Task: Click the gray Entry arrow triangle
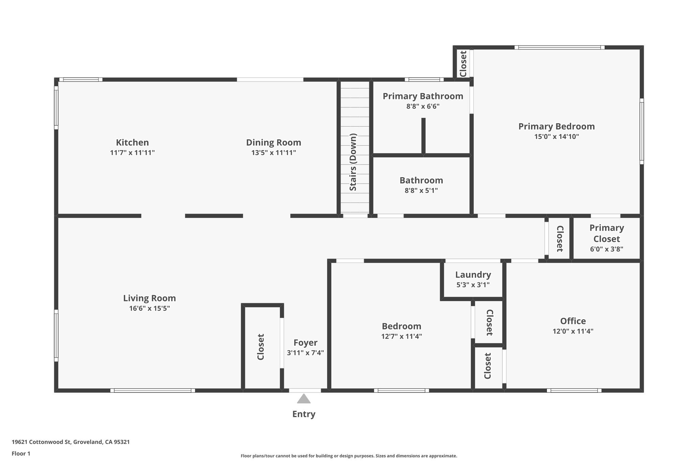pyautogui.click(x=303, y=399)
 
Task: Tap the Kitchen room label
pyautogui.click(x=132, y=142)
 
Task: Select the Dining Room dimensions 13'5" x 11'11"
pyautogui.click(x=273, y=153)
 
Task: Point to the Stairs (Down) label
pyautogui.click(x=353, y=162)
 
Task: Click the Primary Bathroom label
pyautogui.click(x=423, y=96)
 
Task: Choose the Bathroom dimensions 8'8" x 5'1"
pyautogui.click(x=421, y=190)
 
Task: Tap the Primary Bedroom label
pyautogui.click(x=556, y=126)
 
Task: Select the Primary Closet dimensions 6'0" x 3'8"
pyautogui.click(x=606, y=249)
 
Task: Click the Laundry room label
pyautogui.click(x=473, y=275)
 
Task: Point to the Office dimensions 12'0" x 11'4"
pyautogui.click(x=573, y=331)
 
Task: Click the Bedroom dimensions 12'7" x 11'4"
pyautogui.click(x=401, y=337)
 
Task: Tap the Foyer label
pyautogui.click(x=305, y=343)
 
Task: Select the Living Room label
pyautogui.click(x=149, y=298)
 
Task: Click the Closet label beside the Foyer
pyautogui.click(x=261, y=347)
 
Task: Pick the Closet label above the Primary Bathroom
pyautogui.click(x=463, y=64)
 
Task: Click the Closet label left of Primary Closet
pyautogui.click(x=560, y=238)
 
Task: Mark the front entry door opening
pyautogui.click(x=305, y=390)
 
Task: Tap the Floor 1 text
pyautogui.click(x=21, y=453)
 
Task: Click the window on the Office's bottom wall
pyautogui.click(x=574, y=390)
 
